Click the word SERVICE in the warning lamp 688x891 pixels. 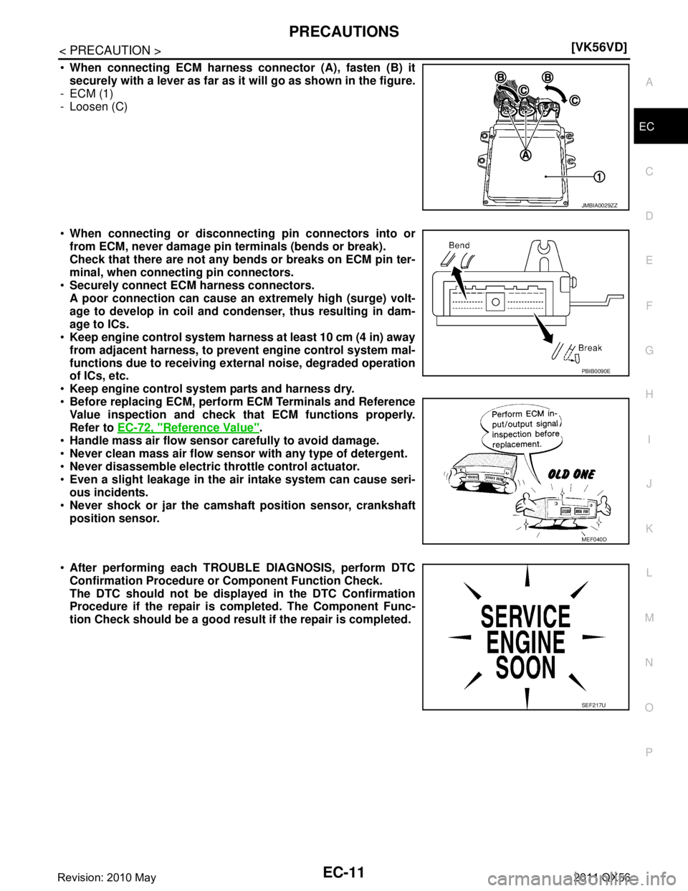coord(526,616)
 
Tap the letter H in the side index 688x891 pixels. coord(648,394)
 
